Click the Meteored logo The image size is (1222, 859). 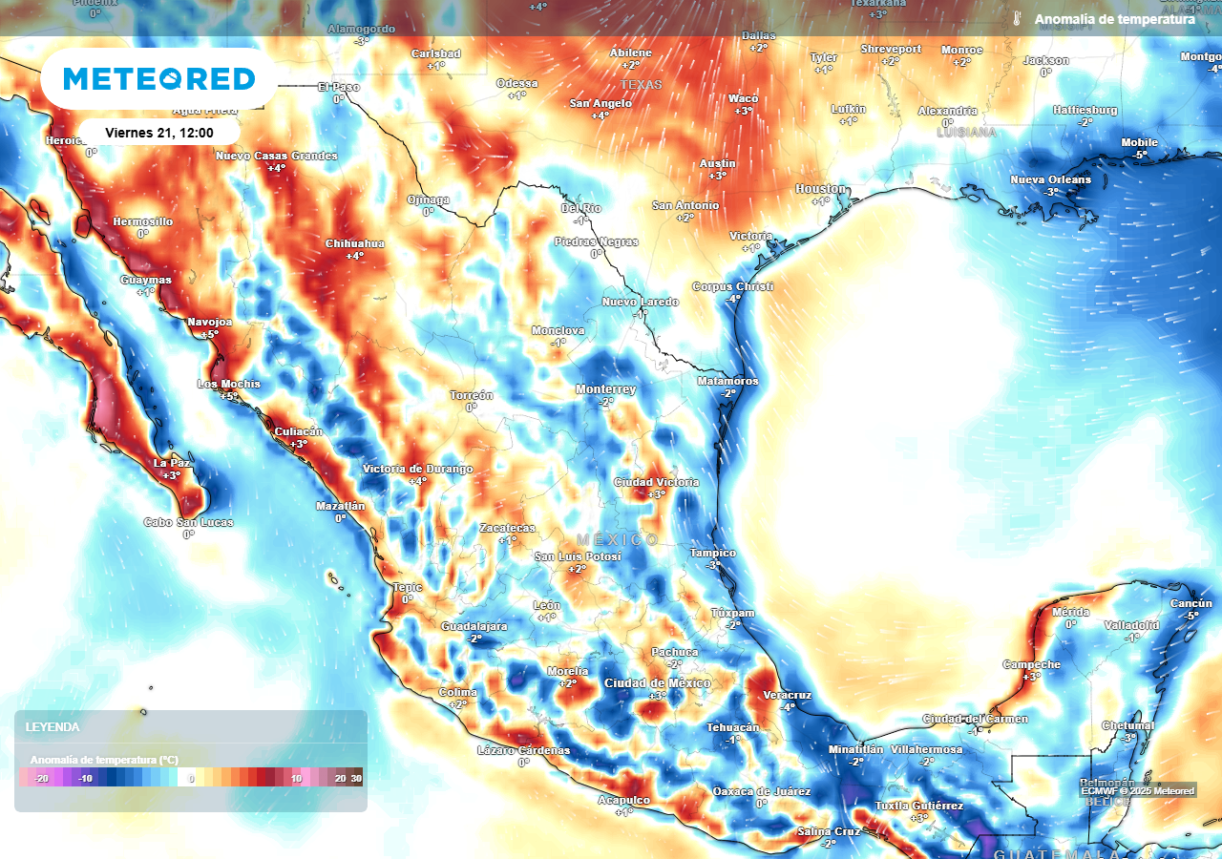159,78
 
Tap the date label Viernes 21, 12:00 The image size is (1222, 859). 158,133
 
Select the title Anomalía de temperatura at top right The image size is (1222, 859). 1114,19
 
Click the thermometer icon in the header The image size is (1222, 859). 1017,19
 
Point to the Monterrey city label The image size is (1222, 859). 605,389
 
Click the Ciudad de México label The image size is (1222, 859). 657,683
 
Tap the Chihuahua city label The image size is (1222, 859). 354,243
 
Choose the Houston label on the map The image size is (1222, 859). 820,189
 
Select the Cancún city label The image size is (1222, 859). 1190,603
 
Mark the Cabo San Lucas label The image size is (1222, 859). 188,522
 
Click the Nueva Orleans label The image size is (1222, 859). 1050,180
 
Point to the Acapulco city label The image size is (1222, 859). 623,800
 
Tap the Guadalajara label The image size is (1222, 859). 474,626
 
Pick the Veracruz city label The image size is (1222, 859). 787,695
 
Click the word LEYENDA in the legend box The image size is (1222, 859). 53,726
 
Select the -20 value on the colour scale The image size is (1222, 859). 41,779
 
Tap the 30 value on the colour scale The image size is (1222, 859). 356,779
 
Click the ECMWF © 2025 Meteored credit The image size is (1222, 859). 1137,790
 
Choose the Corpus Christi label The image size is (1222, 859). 732,286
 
